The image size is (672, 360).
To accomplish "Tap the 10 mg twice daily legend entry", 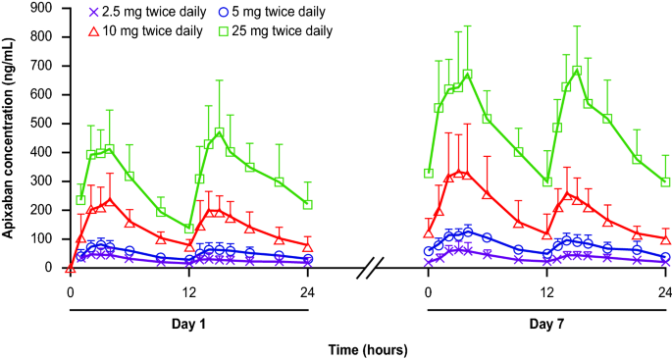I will pos(142,31).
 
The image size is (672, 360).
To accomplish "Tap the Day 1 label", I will pos(188,322).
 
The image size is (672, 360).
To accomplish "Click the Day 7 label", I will pos(547,322).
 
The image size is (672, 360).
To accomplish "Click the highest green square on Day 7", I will pos(577,71).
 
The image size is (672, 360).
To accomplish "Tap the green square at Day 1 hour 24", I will pos(308,204).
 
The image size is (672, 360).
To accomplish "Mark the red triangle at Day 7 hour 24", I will pos(666,238).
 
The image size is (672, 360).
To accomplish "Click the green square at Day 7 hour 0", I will pos(429,174).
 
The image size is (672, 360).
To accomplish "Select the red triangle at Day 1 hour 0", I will pos(70,267).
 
